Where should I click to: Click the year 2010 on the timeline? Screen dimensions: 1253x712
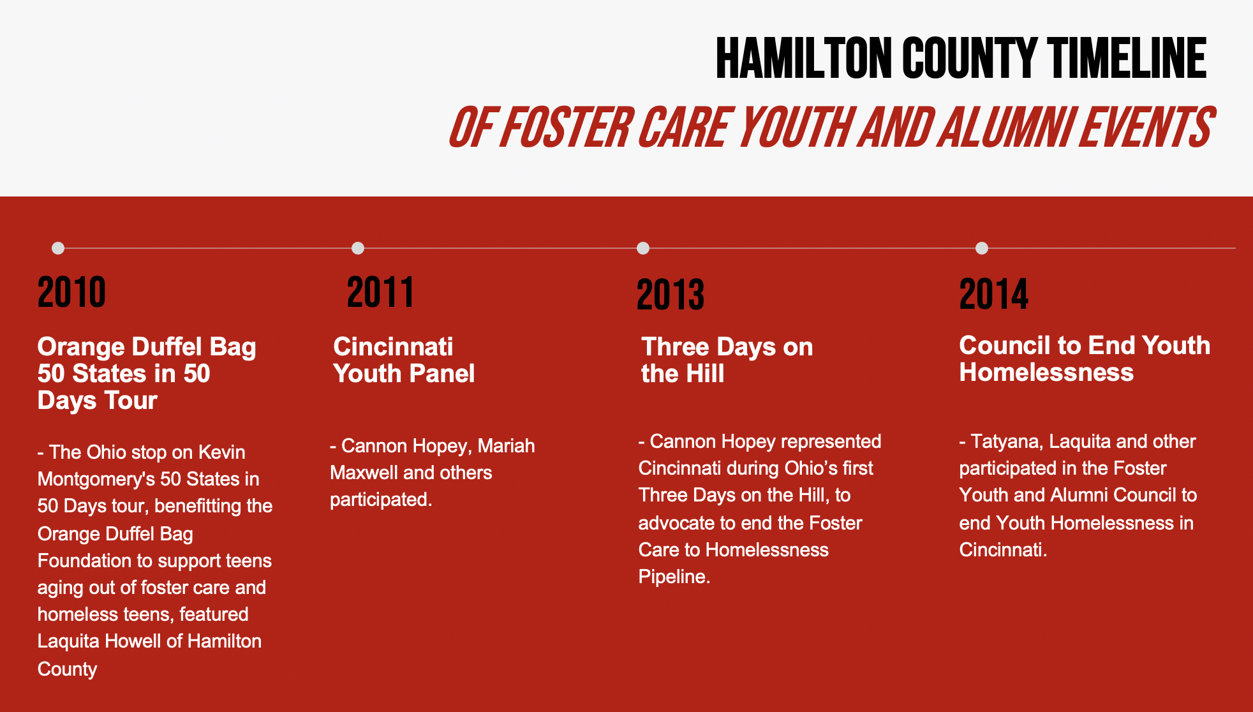[71, 292]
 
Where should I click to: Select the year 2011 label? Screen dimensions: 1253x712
[381, 292]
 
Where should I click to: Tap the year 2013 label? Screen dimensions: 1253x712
[671, 295]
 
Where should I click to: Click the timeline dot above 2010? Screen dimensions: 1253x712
[58, 248]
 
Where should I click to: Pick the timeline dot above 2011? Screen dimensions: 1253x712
[358, 248]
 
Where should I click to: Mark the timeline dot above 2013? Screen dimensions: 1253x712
[643, 248]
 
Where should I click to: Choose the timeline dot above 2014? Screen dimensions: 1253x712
[982, 248]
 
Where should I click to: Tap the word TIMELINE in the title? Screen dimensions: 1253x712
[1127, 58]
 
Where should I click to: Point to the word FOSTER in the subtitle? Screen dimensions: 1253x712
[565, 127]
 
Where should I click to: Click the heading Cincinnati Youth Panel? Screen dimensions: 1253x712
[404, 360]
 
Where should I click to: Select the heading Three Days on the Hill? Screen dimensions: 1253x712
[727, 360]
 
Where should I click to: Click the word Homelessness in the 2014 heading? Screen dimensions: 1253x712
[1046, 372]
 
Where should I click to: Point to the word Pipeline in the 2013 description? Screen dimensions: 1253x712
[674, 577]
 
